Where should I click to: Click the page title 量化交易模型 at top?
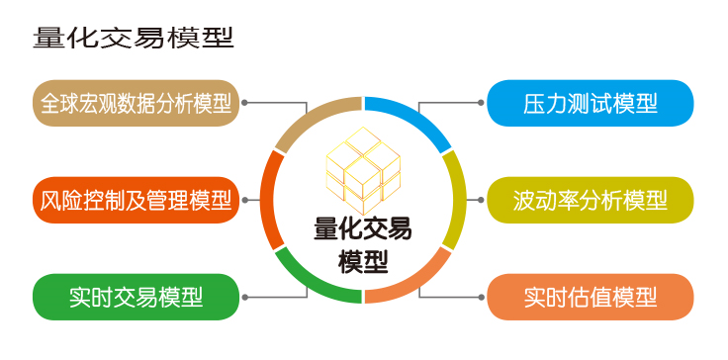(x=134, y=38)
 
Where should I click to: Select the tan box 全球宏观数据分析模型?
(x=136, y=103)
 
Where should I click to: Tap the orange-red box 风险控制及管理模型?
(x=136, y=200)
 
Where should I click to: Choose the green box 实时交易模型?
(x=136, y=297)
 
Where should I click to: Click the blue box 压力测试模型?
(x=591, y=103)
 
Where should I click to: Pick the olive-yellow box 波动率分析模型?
(x=591, y=200)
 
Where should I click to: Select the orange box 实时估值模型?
(x=591, y=297)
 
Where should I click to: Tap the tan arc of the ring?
(x=313, y=116)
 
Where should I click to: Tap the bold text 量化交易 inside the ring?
(x=363, y=229)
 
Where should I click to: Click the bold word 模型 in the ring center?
(x=363, y=261)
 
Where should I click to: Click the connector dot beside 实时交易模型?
(x=244, y=297)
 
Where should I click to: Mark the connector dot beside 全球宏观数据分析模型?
(x=244, y=102)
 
